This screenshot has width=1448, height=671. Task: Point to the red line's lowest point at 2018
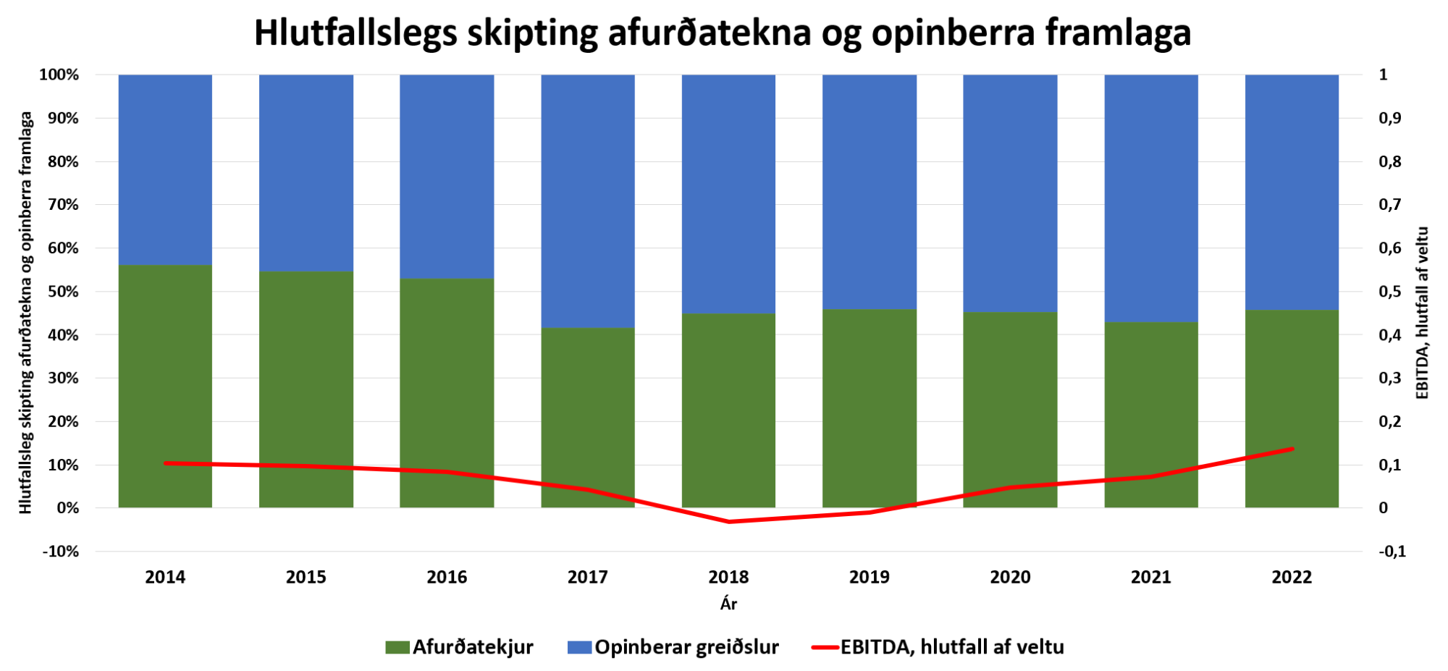click(x=728, y=521)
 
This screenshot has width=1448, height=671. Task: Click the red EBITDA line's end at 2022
click(x=1292, y=449)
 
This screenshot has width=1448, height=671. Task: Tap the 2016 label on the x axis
click(x=447, y=577)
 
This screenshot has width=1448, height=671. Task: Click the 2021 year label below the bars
click(x=1151, y=577)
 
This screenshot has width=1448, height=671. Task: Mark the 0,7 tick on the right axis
click(x=1389, y=205)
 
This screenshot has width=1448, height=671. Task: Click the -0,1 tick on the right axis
click(x=1392, y=552)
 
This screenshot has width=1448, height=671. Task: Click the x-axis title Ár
click(x=728, y=604)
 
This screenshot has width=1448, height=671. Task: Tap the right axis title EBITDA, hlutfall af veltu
click(x=1423, y=313)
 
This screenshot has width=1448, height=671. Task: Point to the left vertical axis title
click(x=26, y=313)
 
